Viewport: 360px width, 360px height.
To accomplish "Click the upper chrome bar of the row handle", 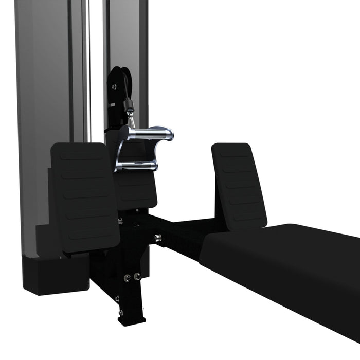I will coord(147,133).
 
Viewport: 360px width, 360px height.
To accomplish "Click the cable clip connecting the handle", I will coord(129,110).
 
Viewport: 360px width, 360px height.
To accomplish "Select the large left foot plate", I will coord(85,195).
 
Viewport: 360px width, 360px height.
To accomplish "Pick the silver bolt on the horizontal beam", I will coord(158,237).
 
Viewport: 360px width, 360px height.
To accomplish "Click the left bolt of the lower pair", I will coord(127,278).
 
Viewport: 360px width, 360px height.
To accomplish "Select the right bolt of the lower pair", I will coord(137,277).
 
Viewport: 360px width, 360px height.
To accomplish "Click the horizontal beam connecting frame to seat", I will coord(180,234).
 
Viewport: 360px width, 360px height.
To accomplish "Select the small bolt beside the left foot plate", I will coord(120,222).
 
